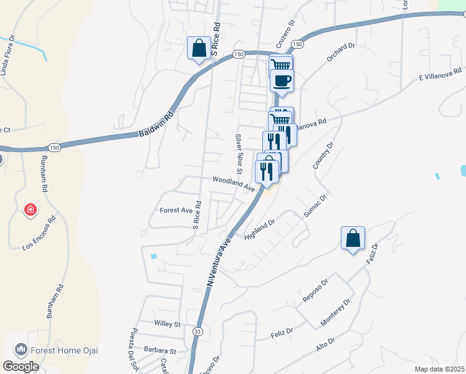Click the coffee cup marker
pyautogui.click(x=282, y=80)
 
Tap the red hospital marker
pyautogui.click(x=29, y=210)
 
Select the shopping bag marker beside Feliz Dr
pyautogui.click(x=353, y=238)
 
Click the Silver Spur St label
pyautogui.click(x=238, y=153)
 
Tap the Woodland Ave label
pyautogui.click(x=234, y=183)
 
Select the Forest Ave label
pyautogui.click(x=176, y=211)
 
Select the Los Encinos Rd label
pyautogui.click(x=39, y=233)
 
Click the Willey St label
pyautogui.click(x=166, y=324)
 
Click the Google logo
pyautogui.click(x=21, y=367)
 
